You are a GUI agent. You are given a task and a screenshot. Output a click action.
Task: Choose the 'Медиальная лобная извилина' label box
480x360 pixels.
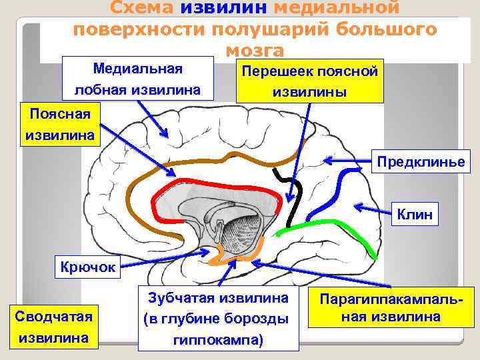[139, 79]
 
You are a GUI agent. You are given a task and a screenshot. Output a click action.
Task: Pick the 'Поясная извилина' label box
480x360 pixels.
[59, 125]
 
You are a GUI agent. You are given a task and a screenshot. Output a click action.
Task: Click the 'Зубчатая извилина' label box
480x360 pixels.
[219, 319]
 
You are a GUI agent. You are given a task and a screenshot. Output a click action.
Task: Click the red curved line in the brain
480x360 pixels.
[200, 182]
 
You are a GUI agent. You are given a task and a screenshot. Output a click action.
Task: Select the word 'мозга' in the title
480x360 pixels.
[255, 51]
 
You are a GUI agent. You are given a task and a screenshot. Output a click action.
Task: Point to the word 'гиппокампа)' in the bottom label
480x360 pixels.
[219, 341]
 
